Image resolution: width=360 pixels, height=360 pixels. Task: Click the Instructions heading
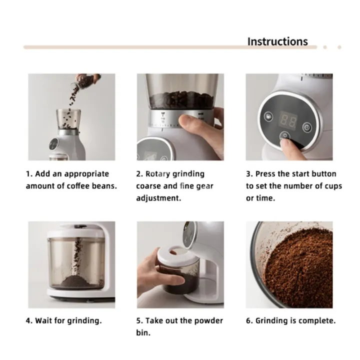click(x=277, y=41)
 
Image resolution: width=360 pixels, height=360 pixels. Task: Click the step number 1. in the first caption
click(x=29, y=174)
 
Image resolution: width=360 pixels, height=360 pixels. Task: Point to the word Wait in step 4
click(x=44, y=320)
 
